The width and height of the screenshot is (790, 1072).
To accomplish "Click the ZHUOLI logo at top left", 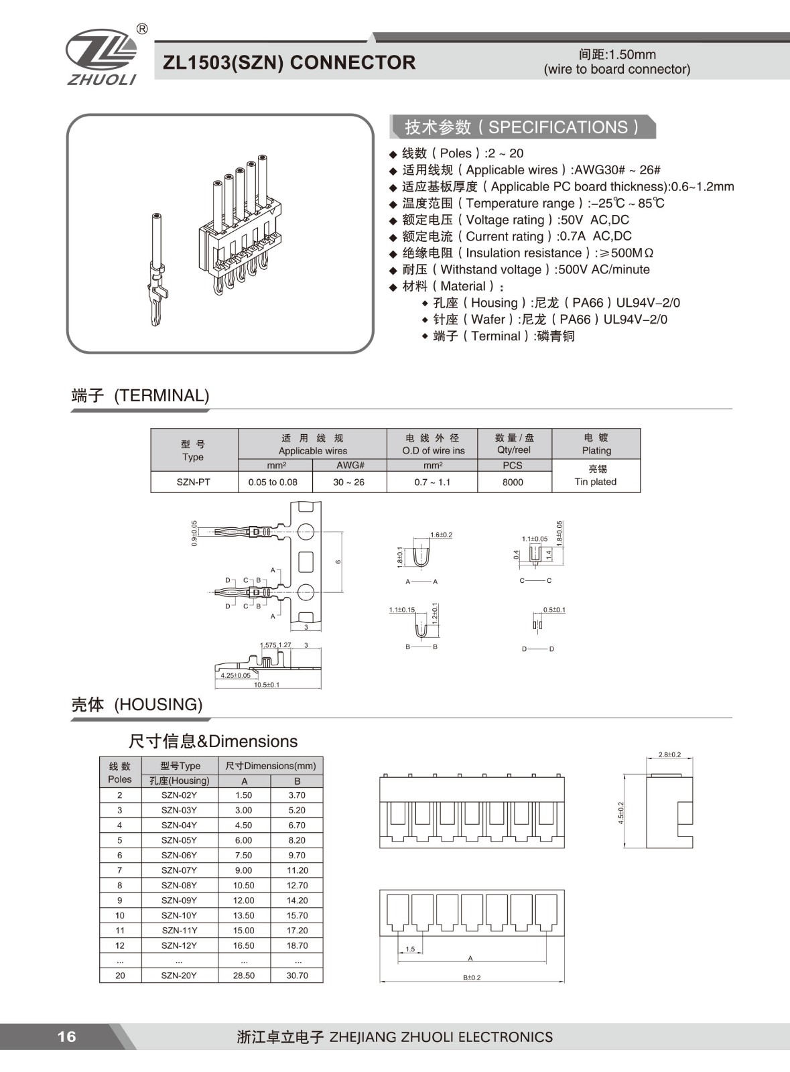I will click(x=101, y=57).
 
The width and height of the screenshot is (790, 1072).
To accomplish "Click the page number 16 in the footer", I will click(x=66, y=1036).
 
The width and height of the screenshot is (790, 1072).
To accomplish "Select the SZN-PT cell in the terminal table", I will click(x=194, y=482).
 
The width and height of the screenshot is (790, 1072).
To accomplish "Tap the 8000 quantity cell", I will click(x=513, y=482).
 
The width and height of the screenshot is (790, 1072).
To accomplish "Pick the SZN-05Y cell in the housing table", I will click(x=179, y=840).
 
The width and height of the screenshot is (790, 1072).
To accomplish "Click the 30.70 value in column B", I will click(x=297, y=976).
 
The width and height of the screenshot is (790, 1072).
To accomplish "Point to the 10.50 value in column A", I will click(x=244, y=885).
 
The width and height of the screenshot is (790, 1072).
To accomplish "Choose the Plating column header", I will click(x=596, y=444).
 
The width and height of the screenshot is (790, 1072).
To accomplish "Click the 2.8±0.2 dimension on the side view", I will click(x=669, y=754).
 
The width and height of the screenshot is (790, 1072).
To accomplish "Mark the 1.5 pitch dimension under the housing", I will click(x=410, y=949).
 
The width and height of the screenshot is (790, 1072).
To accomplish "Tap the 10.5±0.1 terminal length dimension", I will click(x=267, y=685).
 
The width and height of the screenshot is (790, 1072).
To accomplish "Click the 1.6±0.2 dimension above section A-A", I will click(x=441, y=535).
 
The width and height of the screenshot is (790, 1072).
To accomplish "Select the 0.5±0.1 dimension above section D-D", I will click(x=554, y=610).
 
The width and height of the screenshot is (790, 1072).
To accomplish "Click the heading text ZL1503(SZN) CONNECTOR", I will click(x=289, y=62).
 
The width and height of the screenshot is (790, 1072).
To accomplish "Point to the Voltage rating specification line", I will click(x=515, y=220).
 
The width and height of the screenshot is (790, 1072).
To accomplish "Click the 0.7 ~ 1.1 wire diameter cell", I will click(x=432, y=482).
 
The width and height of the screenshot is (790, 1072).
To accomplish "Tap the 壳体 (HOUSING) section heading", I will click(x=137, y=704).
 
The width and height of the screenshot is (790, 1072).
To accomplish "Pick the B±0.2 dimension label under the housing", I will click(x=472, y=978).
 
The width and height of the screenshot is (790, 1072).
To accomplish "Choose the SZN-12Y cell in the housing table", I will click(x=179, y=945).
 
